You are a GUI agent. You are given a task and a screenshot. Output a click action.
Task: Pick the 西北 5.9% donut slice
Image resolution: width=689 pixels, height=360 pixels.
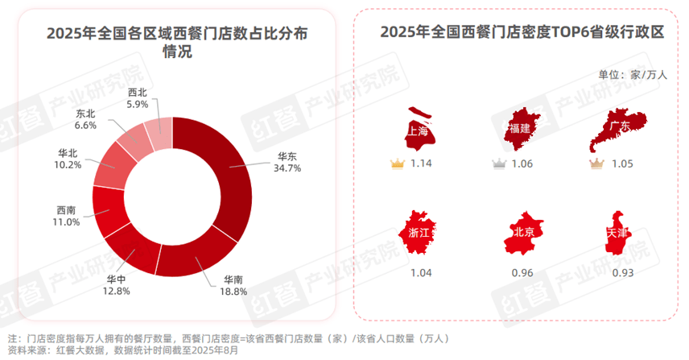point(159,128)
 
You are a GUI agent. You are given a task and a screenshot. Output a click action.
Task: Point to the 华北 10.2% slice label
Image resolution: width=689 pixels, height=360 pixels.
point(68,159)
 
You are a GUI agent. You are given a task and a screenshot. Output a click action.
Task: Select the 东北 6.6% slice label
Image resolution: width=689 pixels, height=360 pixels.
point(86,120)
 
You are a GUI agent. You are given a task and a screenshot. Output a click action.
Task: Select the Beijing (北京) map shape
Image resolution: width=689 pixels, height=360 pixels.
point(521,232)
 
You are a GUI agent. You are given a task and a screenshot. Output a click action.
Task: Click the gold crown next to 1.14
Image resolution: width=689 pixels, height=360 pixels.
point(396,164)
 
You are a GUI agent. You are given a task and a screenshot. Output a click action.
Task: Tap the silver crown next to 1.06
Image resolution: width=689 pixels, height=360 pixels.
point(499,164)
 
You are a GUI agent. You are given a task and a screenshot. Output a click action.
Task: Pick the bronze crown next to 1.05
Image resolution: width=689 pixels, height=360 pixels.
point(596,164)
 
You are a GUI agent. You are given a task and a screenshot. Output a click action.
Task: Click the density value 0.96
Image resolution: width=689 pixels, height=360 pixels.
point(521,273)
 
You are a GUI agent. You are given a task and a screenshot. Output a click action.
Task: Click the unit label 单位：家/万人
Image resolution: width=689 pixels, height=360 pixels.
point(633,75)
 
